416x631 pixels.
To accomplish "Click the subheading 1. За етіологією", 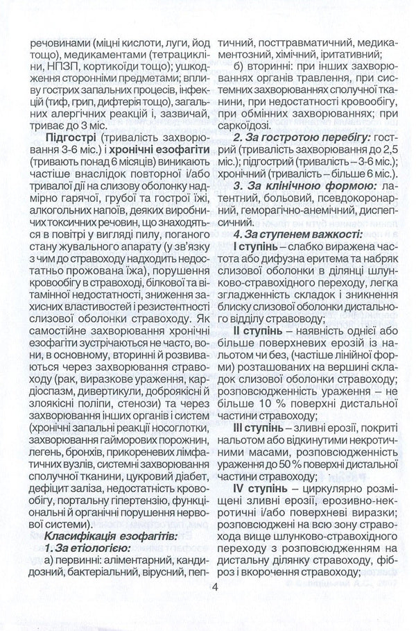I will tap(83, 548).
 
